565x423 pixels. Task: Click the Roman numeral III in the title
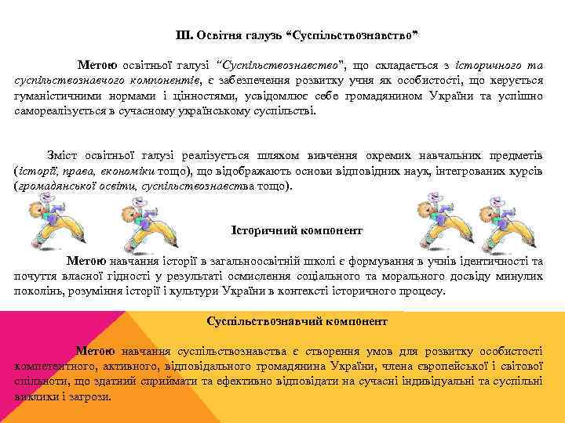coord(184,35)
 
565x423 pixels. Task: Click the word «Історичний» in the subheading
coord(262,230)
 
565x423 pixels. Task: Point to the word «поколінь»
coord(39,291)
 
